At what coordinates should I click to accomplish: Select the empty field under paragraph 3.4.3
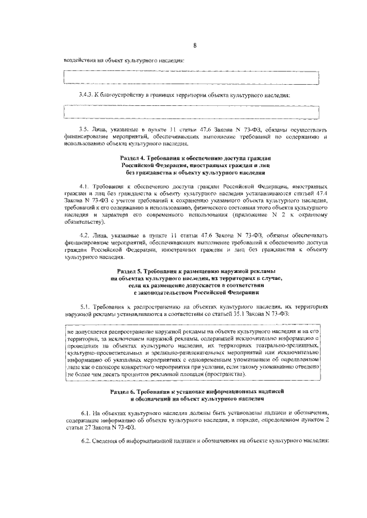[192, 112]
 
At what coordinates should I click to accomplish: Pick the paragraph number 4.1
[84, 187]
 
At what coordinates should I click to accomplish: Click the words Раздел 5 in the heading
[131, 270]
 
